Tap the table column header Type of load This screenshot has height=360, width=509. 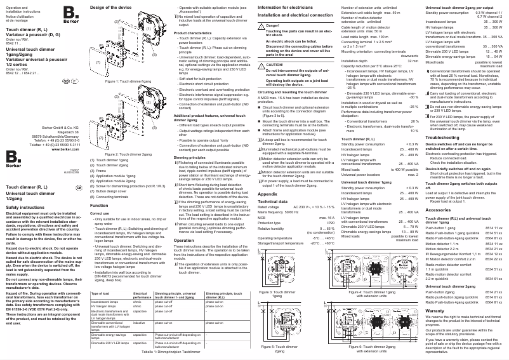click(x=102, y=294)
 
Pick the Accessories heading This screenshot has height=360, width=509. click(x=439, y=209)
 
